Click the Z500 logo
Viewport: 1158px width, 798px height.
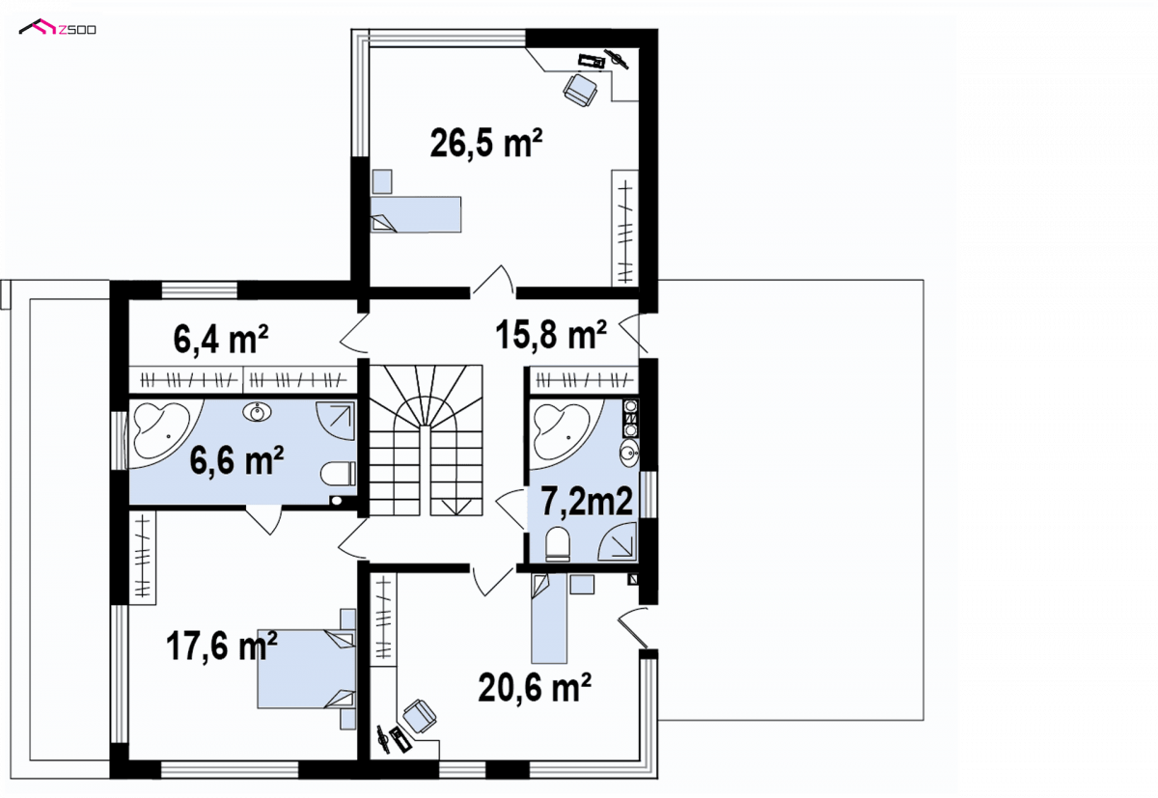click(x=57, y=28)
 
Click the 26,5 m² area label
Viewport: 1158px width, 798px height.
click(x=486, y=143)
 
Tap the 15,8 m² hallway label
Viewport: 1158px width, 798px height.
click(x=551, y=335)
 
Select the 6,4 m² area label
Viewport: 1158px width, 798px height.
click(x=221, y=339)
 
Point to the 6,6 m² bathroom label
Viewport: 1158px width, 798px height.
click(x=236, y=460)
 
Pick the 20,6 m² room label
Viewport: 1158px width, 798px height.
click(x=535, y=687)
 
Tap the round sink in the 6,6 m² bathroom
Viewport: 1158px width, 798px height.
click(x=257, y=412)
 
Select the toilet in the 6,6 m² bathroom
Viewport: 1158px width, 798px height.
click(x=338, y=474)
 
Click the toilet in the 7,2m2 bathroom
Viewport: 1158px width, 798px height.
click(x=558, y=543)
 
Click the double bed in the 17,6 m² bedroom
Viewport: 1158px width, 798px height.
click(x=307, y=669)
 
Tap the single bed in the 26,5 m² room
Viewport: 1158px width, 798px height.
click(x=416, y=214)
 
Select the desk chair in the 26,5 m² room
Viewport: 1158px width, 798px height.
click(x=580, y=91)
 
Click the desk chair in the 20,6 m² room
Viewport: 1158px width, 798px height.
click(x=419, y=716)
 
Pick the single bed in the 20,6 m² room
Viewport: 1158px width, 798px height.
click(x=549, y=619)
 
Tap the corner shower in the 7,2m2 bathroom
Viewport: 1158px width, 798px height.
click(x=618, y=541)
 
